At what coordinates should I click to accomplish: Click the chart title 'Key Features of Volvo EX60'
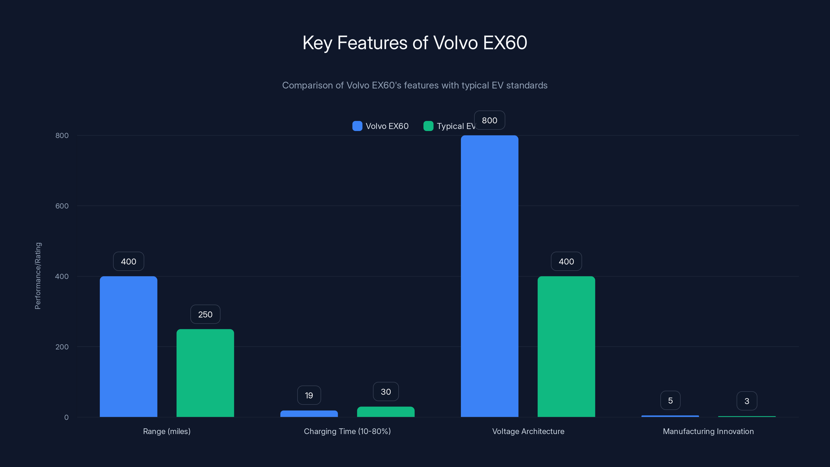click(415, 43)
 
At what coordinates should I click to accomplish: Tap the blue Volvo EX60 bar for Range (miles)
click(129, 346)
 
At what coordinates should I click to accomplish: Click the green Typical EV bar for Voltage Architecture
click(566, 346)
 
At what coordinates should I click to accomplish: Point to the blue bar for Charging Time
click(309, 414)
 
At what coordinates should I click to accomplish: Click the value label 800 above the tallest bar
click(489, 121)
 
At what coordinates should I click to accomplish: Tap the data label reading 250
click(205, 314)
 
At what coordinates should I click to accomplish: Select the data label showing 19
click(309, 395)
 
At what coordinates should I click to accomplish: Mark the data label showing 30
click(386, 392)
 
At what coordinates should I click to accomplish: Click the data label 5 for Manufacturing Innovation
click(670, 401)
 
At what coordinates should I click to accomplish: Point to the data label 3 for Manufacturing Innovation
click(747, 401)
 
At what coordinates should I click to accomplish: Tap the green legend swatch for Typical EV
click(428, 126)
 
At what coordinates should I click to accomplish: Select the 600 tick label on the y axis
click(62, 206)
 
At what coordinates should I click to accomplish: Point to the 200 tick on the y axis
click(62, 347)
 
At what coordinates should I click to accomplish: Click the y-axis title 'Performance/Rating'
click(38, 276)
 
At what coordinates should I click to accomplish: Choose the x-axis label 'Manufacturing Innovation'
click(708, 431)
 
